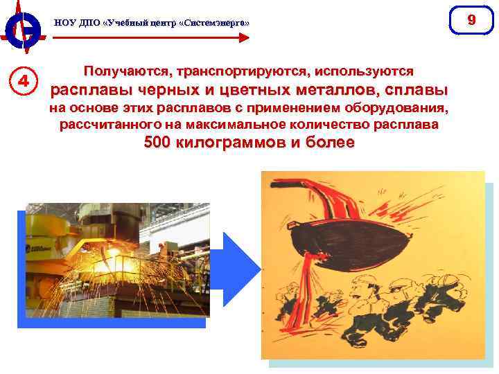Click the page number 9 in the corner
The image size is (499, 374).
tap(471, 19)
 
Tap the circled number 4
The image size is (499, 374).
tap(24, 80)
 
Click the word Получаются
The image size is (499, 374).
tap(127, 71)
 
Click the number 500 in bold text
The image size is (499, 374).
tap(160, 143)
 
